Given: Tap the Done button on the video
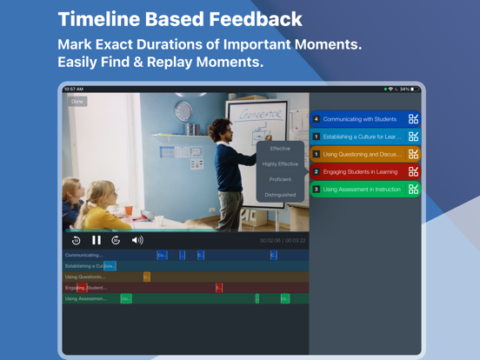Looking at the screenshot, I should tap(77, 102).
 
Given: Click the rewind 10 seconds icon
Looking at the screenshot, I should tap(77, 240).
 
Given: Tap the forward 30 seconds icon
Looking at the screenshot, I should tap(116, 240).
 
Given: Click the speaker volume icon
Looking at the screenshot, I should tap(137, 240).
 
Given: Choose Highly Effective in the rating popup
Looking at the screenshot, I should tap(280, 163).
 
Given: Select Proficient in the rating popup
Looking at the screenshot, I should tap(280, 179).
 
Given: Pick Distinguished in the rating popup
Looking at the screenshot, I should tap(280, 195).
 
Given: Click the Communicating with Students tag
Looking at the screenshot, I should tap(360, 119).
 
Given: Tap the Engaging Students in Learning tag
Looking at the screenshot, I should tap(360, 172).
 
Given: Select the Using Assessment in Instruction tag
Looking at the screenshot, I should tap(360, 190).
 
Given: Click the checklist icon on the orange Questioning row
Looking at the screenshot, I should tap(413, 154).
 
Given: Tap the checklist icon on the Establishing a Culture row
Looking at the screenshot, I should tap(413, 137).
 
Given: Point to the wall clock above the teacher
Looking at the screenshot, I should tap(183, 111).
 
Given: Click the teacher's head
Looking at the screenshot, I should tap(216, 127).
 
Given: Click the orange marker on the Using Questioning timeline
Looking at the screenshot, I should tap(147, 277).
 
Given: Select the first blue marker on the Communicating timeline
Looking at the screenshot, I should tap(162, 255).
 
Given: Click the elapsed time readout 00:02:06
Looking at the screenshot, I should tap(271, 241).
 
